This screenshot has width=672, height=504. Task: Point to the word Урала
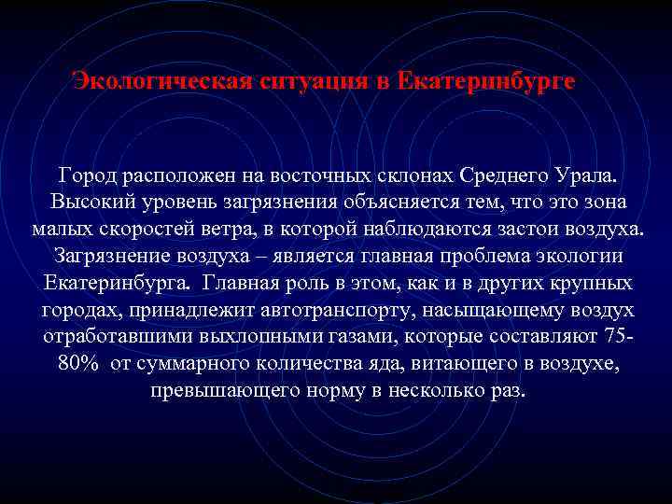coord(587,175)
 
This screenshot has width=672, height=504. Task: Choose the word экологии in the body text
coord(583,256)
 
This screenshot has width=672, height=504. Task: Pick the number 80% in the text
coord(80,363)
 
